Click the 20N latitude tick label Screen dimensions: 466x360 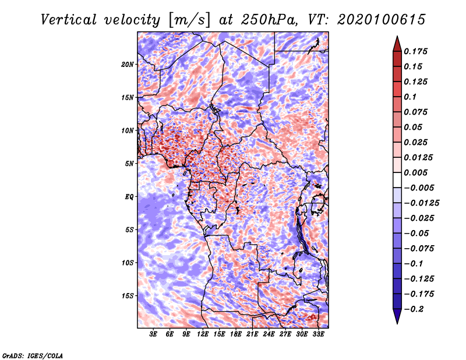pyautogui.click(x=128, y=65)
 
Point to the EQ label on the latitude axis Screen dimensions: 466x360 pyautogui.click(x=129, y=197)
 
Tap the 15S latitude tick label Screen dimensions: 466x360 pyautogui.click(x=128, y=296)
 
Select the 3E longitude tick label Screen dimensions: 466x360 pyautogui.click(x=153, y=334)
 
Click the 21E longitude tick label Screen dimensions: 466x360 pyautogui.click(x=252, y=334)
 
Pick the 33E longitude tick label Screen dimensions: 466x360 pyautogui.click(x=318, y=334)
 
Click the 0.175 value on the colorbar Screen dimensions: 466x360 pyautogui.click(x=416, y=51)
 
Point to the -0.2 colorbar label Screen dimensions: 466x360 pyautogui.click(x=414, y=309)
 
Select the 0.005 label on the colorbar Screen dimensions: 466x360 pyautogui.click(x=416, y=172)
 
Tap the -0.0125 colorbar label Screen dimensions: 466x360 pyautogui.click(x=422, y=203)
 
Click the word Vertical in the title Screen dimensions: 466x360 pyautogui.click(x=69, y=20)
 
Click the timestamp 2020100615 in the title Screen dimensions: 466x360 pyautogui.click(x=382, y=20)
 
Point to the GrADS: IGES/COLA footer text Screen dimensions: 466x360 pyautogui.click(x=33, y=356)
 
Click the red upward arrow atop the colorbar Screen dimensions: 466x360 pyautogui.click(x=397, y=44)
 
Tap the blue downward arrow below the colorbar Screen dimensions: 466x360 pyautogui.click(x=397, y=316)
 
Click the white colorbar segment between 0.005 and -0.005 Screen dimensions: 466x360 pyautogui.click(x=397, y=180)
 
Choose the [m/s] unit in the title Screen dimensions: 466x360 pyautogui.click(x=189, y=20)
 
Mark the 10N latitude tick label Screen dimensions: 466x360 pyautogui.click(x=128, y=130)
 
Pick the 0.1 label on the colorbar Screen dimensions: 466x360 pyautogui.click(x=411, y=97)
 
